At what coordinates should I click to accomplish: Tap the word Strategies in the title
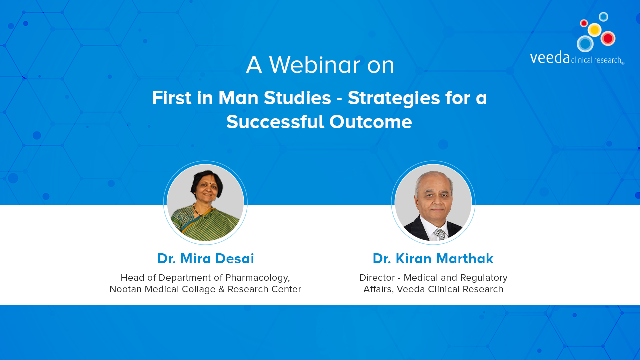[x=394, y=99]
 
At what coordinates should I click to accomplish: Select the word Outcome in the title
[x=371, y=122]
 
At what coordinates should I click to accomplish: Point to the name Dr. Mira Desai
[x=205, y=259]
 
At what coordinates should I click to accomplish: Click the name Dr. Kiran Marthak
[x=433, y=259]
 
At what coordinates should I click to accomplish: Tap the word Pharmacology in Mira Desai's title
[x=257, y=278]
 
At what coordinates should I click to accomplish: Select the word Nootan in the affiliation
[x=126, y=289]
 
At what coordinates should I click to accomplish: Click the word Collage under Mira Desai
[x=199, y=290]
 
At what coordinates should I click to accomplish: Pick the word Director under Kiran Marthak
[x=377, y=278]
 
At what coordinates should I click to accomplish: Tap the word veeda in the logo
[x=550, y=58]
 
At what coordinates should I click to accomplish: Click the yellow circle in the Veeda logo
[x=595, y=30]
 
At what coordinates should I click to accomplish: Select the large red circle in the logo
[x=608, y=38]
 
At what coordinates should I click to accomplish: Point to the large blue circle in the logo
[x=585, y=44]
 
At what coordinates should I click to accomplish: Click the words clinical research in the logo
[x=596, y=60]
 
